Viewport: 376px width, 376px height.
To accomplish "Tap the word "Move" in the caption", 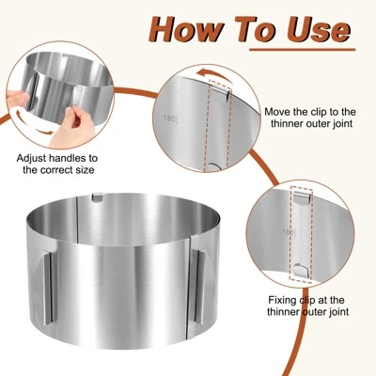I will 279,111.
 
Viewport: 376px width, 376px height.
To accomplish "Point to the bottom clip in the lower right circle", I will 298,270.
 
